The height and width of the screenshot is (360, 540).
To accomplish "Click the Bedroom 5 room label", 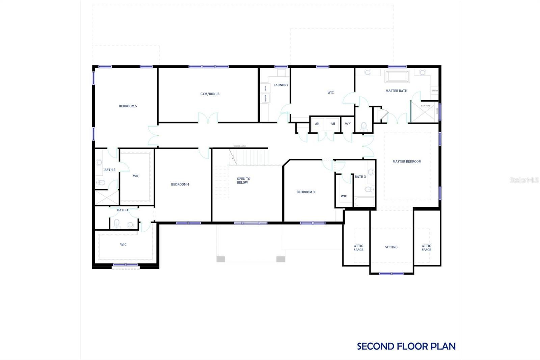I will click(128, 106).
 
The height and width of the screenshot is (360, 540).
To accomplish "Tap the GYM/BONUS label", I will click(210, 94).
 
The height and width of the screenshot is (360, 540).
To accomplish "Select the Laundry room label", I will click(281, 85).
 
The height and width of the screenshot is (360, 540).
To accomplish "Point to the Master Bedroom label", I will click(407, 161).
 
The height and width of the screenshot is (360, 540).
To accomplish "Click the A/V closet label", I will click(347, 124).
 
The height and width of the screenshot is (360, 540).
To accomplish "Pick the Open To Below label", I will click(243, 181).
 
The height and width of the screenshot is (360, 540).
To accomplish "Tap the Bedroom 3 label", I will click(305, 192).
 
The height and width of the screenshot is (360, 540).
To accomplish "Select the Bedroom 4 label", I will click(180, 184).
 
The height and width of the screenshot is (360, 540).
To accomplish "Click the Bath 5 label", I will click(109, 170).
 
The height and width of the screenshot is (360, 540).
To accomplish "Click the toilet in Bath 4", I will click(117, 223).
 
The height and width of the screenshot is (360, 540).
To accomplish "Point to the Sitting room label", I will click(391, 247).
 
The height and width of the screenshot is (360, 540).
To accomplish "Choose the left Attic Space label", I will click(358, 248).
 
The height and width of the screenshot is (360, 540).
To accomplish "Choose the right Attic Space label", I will click(426, 248).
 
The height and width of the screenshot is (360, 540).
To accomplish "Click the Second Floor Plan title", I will click(406, 346).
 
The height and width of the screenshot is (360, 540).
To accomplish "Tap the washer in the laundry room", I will click(265, 98).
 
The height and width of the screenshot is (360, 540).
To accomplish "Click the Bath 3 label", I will click(360, 177).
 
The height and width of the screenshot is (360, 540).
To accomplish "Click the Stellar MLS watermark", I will click(524, 180).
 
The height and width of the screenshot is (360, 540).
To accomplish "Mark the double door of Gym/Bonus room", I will click(208, 119).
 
